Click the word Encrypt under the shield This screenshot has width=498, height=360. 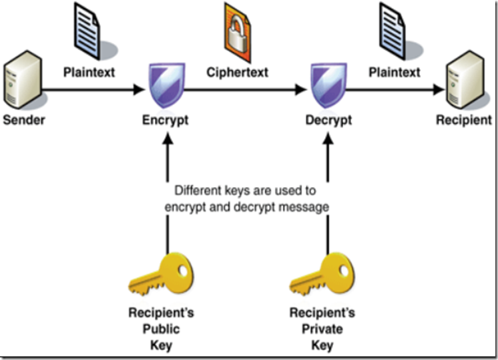pyautogui.click(x=166, y=121)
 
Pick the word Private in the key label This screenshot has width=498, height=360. pyautogui.click(x=322, y=329)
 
